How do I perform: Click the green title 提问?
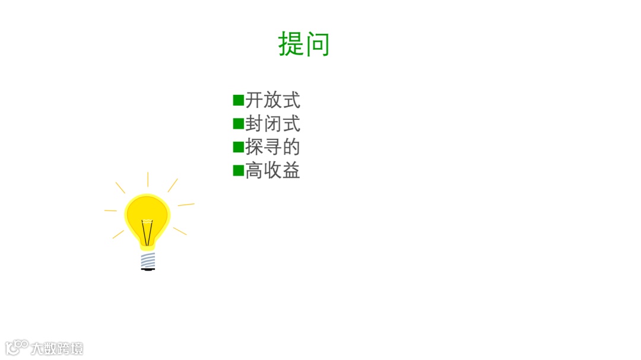coord(303,44)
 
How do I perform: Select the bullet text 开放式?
coord(272,100)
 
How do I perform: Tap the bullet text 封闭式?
coord(272,123)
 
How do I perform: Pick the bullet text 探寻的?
coord(272,147)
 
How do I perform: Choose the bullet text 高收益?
coord(272,171)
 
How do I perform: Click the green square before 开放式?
coord(239,100)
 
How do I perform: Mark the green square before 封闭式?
coord(239,123)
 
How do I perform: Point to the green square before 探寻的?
coord(239,147)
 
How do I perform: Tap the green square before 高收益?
coord(239,171)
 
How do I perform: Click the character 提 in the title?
coord(291,44)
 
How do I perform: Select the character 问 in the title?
coord(317,44)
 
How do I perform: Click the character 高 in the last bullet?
coord(254,171)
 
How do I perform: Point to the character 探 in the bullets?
coord(254,147)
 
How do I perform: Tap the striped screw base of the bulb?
coord(148,260)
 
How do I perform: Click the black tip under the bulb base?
coord(148,269)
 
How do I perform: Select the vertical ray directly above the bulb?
coord(148,179)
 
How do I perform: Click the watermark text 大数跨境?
coord(58,348)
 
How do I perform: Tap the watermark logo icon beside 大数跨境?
coord(17,347)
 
